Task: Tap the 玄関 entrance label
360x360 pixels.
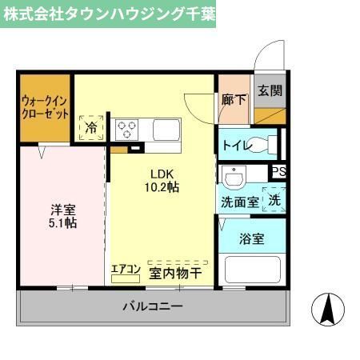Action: point(270,90)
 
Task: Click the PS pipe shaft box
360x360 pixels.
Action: point(278,171)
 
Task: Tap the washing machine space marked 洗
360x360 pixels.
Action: point(274,200)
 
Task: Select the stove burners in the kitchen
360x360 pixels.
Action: point(126,128)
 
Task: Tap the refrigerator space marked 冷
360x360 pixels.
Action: point(91,127)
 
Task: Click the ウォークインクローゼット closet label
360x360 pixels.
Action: point(44,106)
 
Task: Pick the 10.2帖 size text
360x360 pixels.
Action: point(161,186)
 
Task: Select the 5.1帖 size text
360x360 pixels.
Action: point(62,223)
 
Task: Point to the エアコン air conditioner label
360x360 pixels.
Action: point(126,269)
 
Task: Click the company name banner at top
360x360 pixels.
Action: point(109,14)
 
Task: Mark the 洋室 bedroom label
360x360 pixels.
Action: point(62,209)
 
